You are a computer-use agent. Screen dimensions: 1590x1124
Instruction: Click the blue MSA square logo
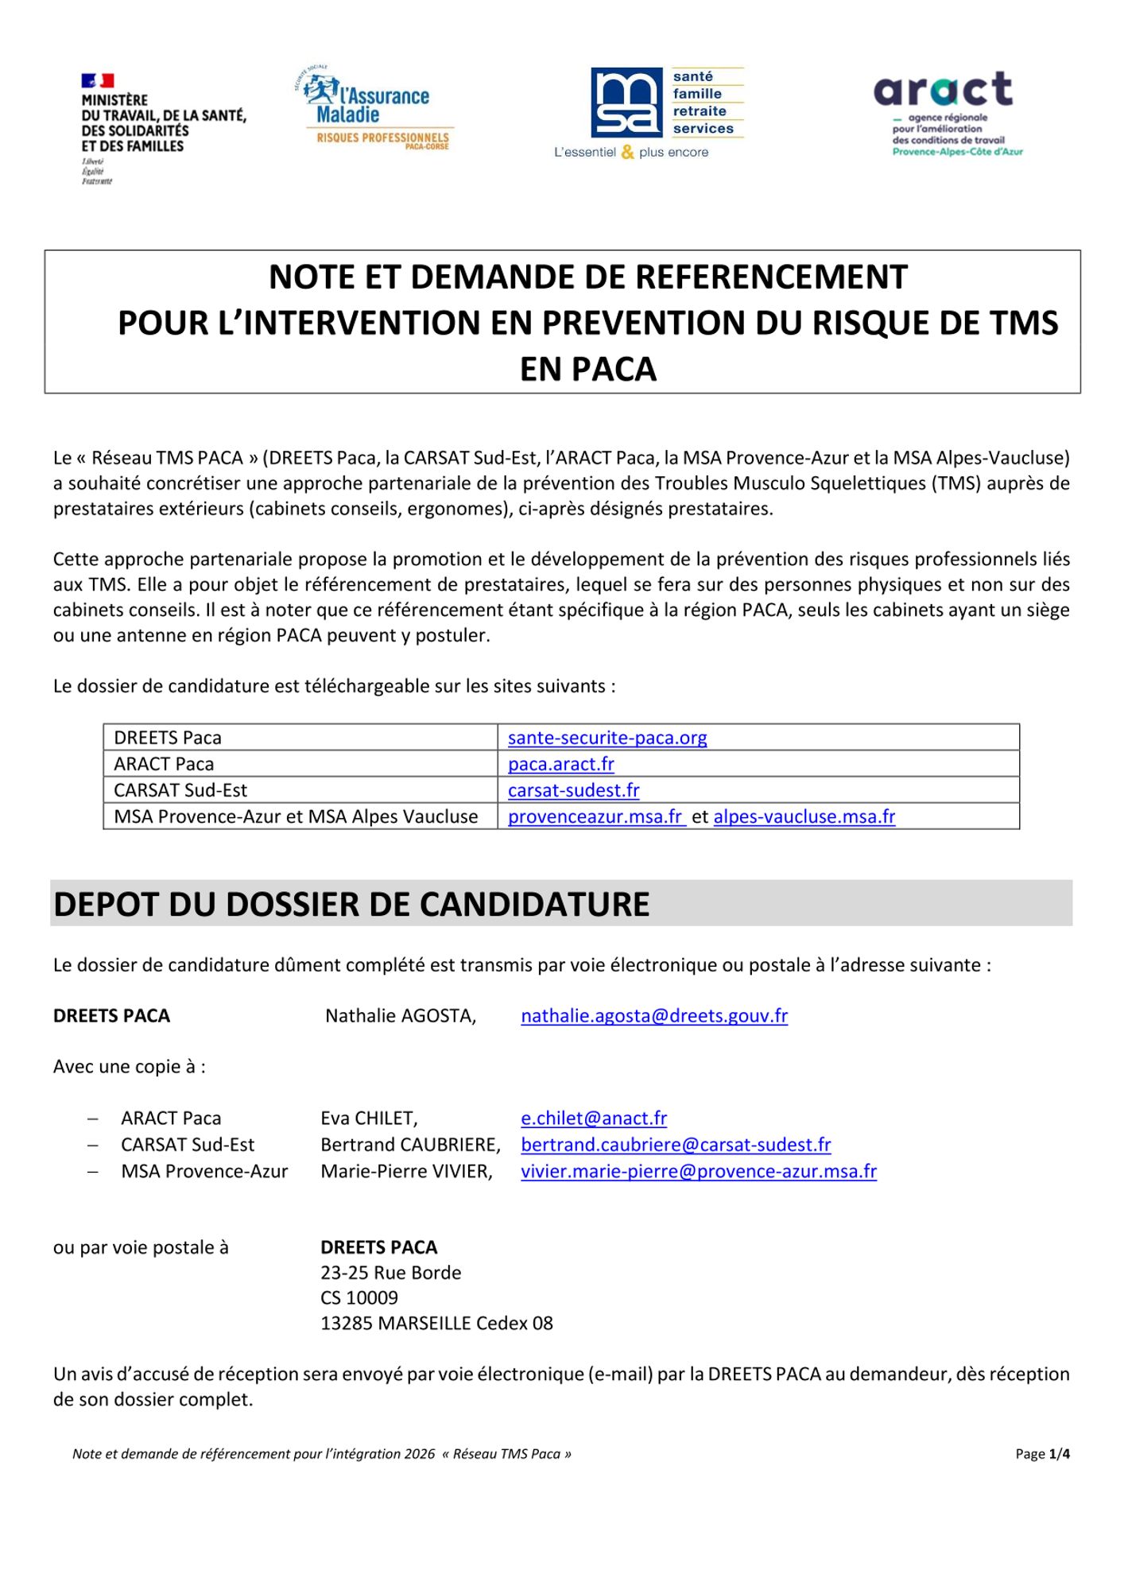click(626, 103)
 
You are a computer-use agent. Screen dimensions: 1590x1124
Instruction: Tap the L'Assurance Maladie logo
click(374, 108)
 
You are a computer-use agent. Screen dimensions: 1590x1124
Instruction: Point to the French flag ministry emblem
click(97, 80)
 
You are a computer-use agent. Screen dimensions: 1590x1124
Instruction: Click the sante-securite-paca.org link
click(607, 738)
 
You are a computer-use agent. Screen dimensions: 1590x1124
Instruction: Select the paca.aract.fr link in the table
click(561, 764)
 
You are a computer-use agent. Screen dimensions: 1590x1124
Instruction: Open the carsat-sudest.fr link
click(574, 790)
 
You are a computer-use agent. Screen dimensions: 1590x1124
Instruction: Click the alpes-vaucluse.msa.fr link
click(804, 816)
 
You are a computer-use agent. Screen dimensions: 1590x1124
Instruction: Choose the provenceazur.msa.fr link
click(595, 816)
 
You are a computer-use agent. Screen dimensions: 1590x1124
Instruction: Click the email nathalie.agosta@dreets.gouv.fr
click(654, 1016)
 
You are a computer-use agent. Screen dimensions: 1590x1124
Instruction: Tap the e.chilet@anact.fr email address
click(594, 1119)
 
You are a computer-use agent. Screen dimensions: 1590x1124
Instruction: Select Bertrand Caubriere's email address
click(676, 1145)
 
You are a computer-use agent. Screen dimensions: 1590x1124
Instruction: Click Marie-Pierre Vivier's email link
click(699, 1171)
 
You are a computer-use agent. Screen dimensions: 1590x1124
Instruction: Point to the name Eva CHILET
click(369, 1119)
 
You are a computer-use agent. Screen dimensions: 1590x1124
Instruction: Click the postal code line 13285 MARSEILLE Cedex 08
click(436, 1324)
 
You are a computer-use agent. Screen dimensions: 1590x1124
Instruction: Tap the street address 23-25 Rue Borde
click(390, 1273)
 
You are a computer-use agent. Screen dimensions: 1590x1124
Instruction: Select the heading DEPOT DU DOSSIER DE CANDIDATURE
click(351, 905)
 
